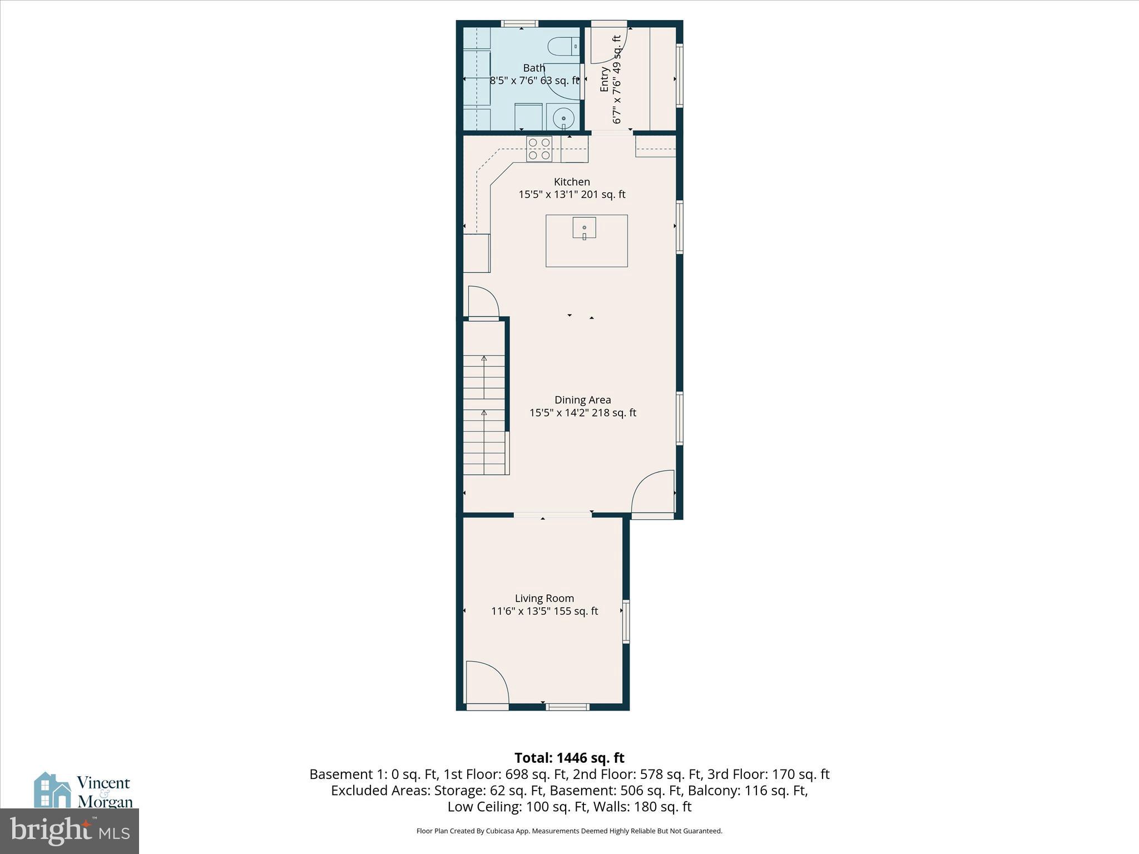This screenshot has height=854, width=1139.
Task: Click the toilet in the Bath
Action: coord(563,46)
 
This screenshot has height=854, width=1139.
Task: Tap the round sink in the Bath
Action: coord(563,118)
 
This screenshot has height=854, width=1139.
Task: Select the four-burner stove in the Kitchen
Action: coord(539,149)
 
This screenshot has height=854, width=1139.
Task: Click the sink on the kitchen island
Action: coord(584,228)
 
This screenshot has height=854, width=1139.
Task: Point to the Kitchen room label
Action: coord(572,182)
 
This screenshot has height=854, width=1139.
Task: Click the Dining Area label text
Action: coord(582,400)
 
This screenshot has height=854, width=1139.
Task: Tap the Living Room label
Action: coord(544,598)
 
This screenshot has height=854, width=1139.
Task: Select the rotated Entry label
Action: coord(605,79)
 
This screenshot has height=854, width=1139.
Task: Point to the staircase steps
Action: coord(484,414)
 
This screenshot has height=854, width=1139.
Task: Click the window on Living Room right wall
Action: coord(626,622)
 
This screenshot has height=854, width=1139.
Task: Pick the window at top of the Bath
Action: coord(519,24)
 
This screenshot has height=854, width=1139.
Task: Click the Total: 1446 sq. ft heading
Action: coord(569,758)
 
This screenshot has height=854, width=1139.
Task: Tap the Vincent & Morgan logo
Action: coord(83,791)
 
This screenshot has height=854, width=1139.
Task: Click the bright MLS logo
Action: coord(70,831)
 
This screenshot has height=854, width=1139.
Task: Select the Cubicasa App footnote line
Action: coord(569,831)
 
